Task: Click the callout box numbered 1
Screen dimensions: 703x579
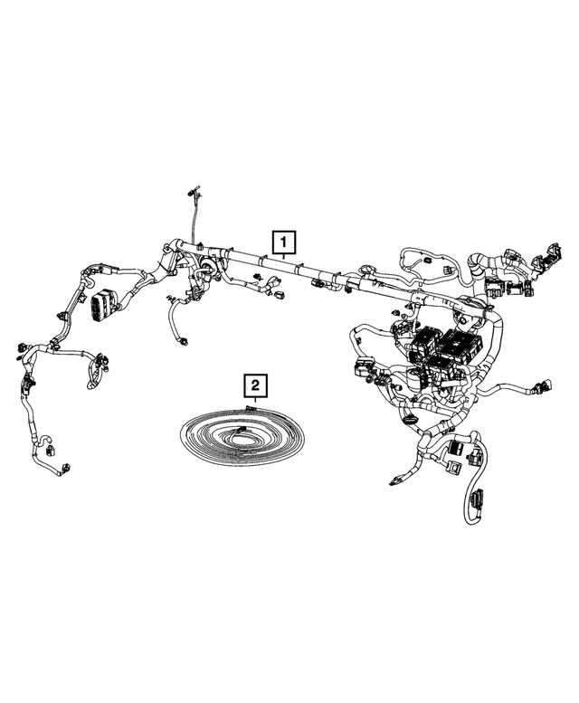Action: pos(284,242)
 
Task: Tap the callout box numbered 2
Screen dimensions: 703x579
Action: pos(256,387)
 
